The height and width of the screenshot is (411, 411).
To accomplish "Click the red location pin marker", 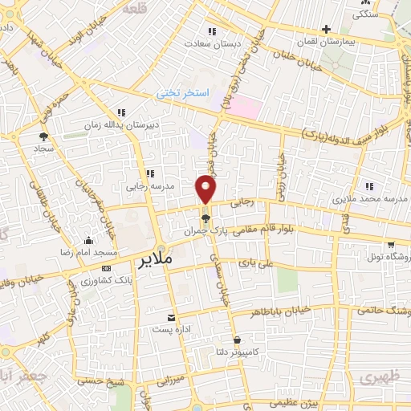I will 206,189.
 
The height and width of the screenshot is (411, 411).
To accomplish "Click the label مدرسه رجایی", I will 149,186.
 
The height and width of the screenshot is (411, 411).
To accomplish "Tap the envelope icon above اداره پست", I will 169,318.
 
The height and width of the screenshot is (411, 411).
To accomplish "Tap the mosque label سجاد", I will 41,149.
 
